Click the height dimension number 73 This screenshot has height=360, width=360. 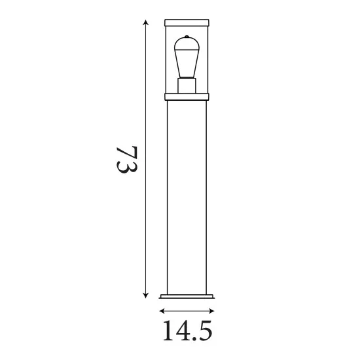[126, 159]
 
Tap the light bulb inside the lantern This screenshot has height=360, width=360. [187, 59]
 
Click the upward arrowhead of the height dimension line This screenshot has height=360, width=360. [145, 22]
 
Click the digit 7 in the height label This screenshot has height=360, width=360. [126, 150]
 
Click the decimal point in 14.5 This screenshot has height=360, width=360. [192, 339]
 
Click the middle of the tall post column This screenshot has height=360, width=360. [187, 196]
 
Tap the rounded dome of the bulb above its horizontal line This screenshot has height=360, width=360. [187, 45]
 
